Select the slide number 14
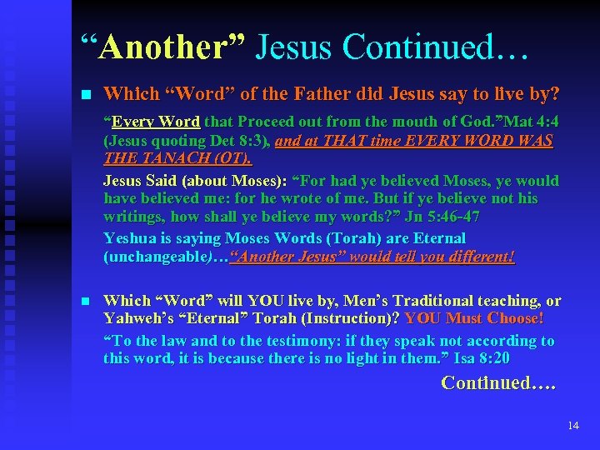pos(572,426)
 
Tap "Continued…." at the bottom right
pos(497,384)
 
